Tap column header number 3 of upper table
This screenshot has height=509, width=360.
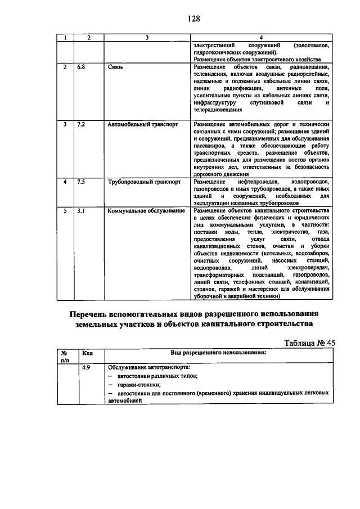click(x=146, y=38)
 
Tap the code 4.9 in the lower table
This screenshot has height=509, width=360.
click(x=86, y=367)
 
